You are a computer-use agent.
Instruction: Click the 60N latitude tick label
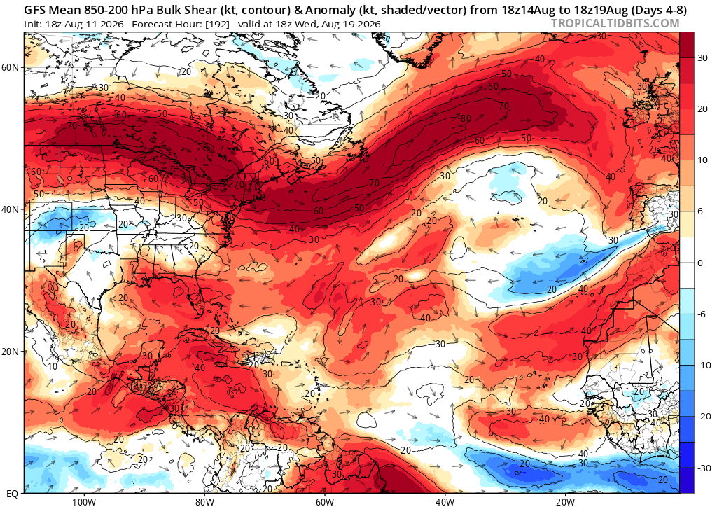10,67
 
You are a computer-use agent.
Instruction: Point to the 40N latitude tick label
10,209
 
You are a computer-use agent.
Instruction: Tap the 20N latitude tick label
10,352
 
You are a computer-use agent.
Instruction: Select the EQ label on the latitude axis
13,494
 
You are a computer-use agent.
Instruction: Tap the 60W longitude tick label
324,501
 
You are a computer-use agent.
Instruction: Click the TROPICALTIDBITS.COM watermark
615,23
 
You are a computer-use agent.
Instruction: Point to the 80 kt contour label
466,119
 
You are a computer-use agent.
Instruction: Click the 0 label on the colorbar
699,263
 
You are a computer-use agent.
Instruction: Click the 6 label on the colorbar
699,211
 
